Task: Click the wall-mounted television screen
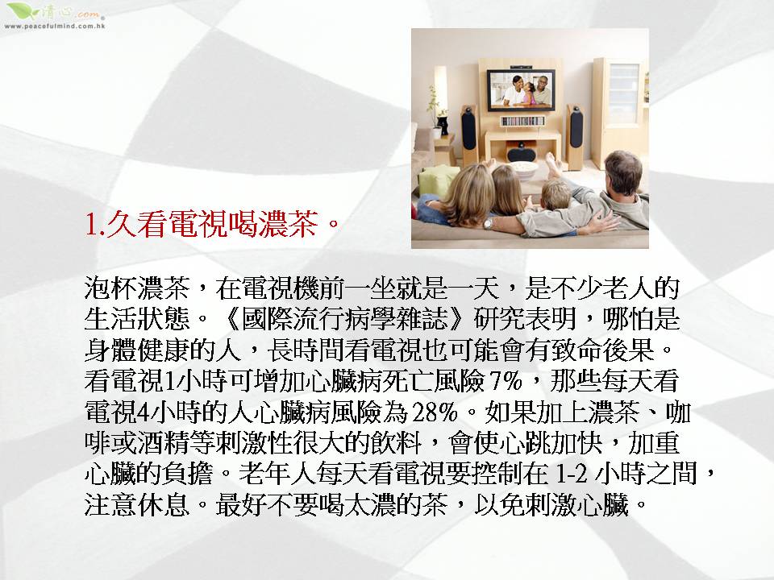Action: [x=521, y=90]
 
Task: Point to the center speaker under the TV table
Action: [x=521, y=151]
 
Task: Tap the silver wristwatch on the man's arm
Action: [x=488, y=225]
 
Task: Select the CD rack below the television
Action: [x=522, y=121]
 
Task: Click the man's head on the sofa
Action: [x=623, y=172]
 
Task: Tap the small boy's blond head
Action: [x=556, y=194]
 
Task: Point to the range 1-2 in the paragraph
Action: [x=572, y=474]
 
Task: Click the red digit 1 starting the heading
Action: [x=90, y=225]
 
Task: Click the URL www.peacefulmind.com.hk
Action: [x=54, y=26]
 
